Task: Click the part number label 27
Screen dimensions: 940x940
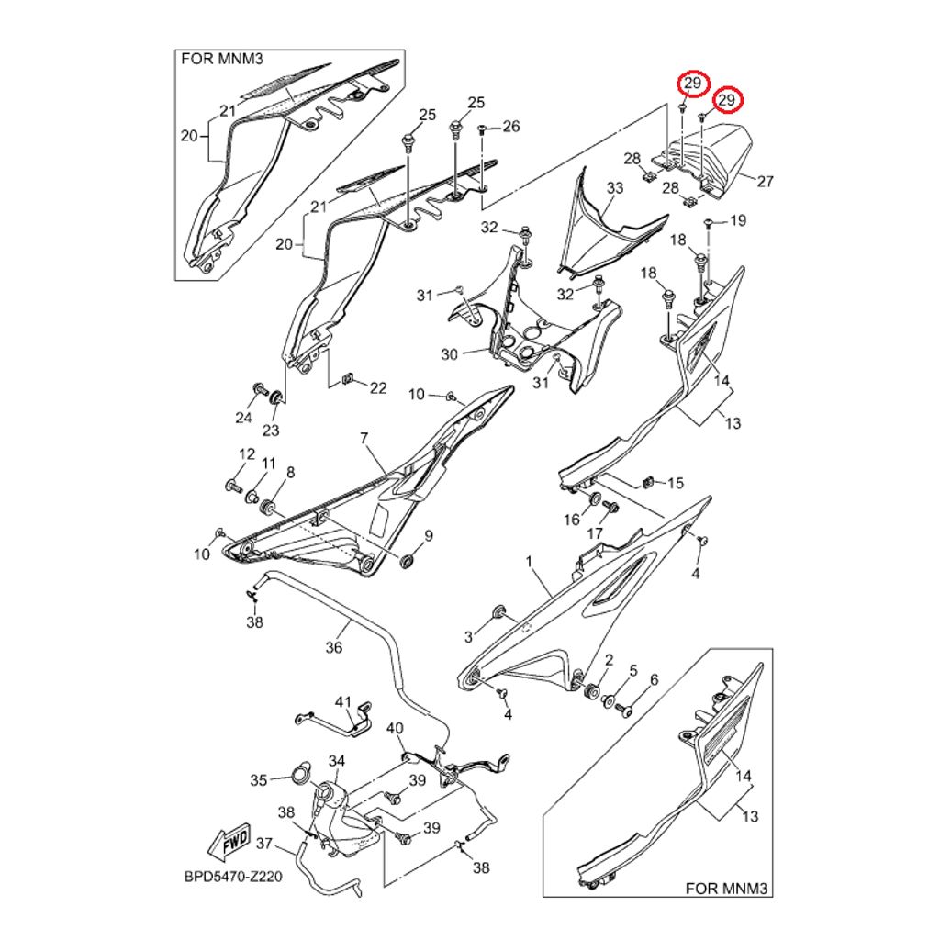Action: tap(766, 182)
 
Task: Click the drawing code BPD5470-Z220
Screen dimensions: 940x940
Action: tap(232, 876)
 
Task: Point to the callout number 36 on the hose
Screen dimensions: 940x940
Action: tap(333, 647)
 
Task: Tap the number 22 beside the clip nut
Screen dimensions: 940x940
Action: tap(378, 388)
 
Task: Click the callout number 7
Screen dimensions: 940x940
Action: tap(364, 440)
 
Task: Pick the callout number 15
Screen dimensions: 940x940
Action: tap(675, 483)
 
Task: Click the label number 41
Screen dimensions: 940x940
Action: tap(343, 702)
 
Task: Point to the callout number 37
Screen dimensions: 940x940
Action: tap(264, 843)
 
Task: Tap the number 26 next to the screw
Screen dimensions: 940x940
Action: tap(510, 126)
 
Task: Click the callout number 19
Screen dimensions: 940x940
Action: tap(738, 220)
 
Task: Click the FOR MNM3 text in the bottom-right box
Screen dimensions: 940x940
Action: tap(724, 889)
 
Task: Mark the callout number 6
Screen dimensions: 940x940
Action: tap(654, 680)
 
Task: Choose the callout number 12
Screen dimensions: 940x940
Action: tap(247, 454)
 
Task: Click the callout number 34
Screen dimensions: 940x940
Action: tap(337, 761)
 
